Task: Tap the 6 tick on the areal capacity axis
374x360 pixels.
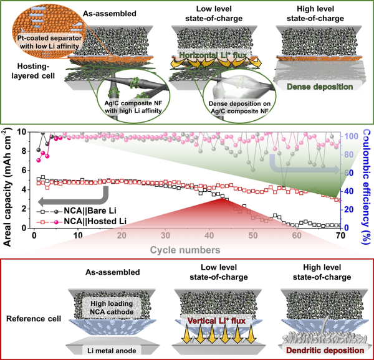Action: pos(23,170)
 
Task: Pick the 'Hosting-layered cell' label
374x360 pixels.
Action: pos(30,78)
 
